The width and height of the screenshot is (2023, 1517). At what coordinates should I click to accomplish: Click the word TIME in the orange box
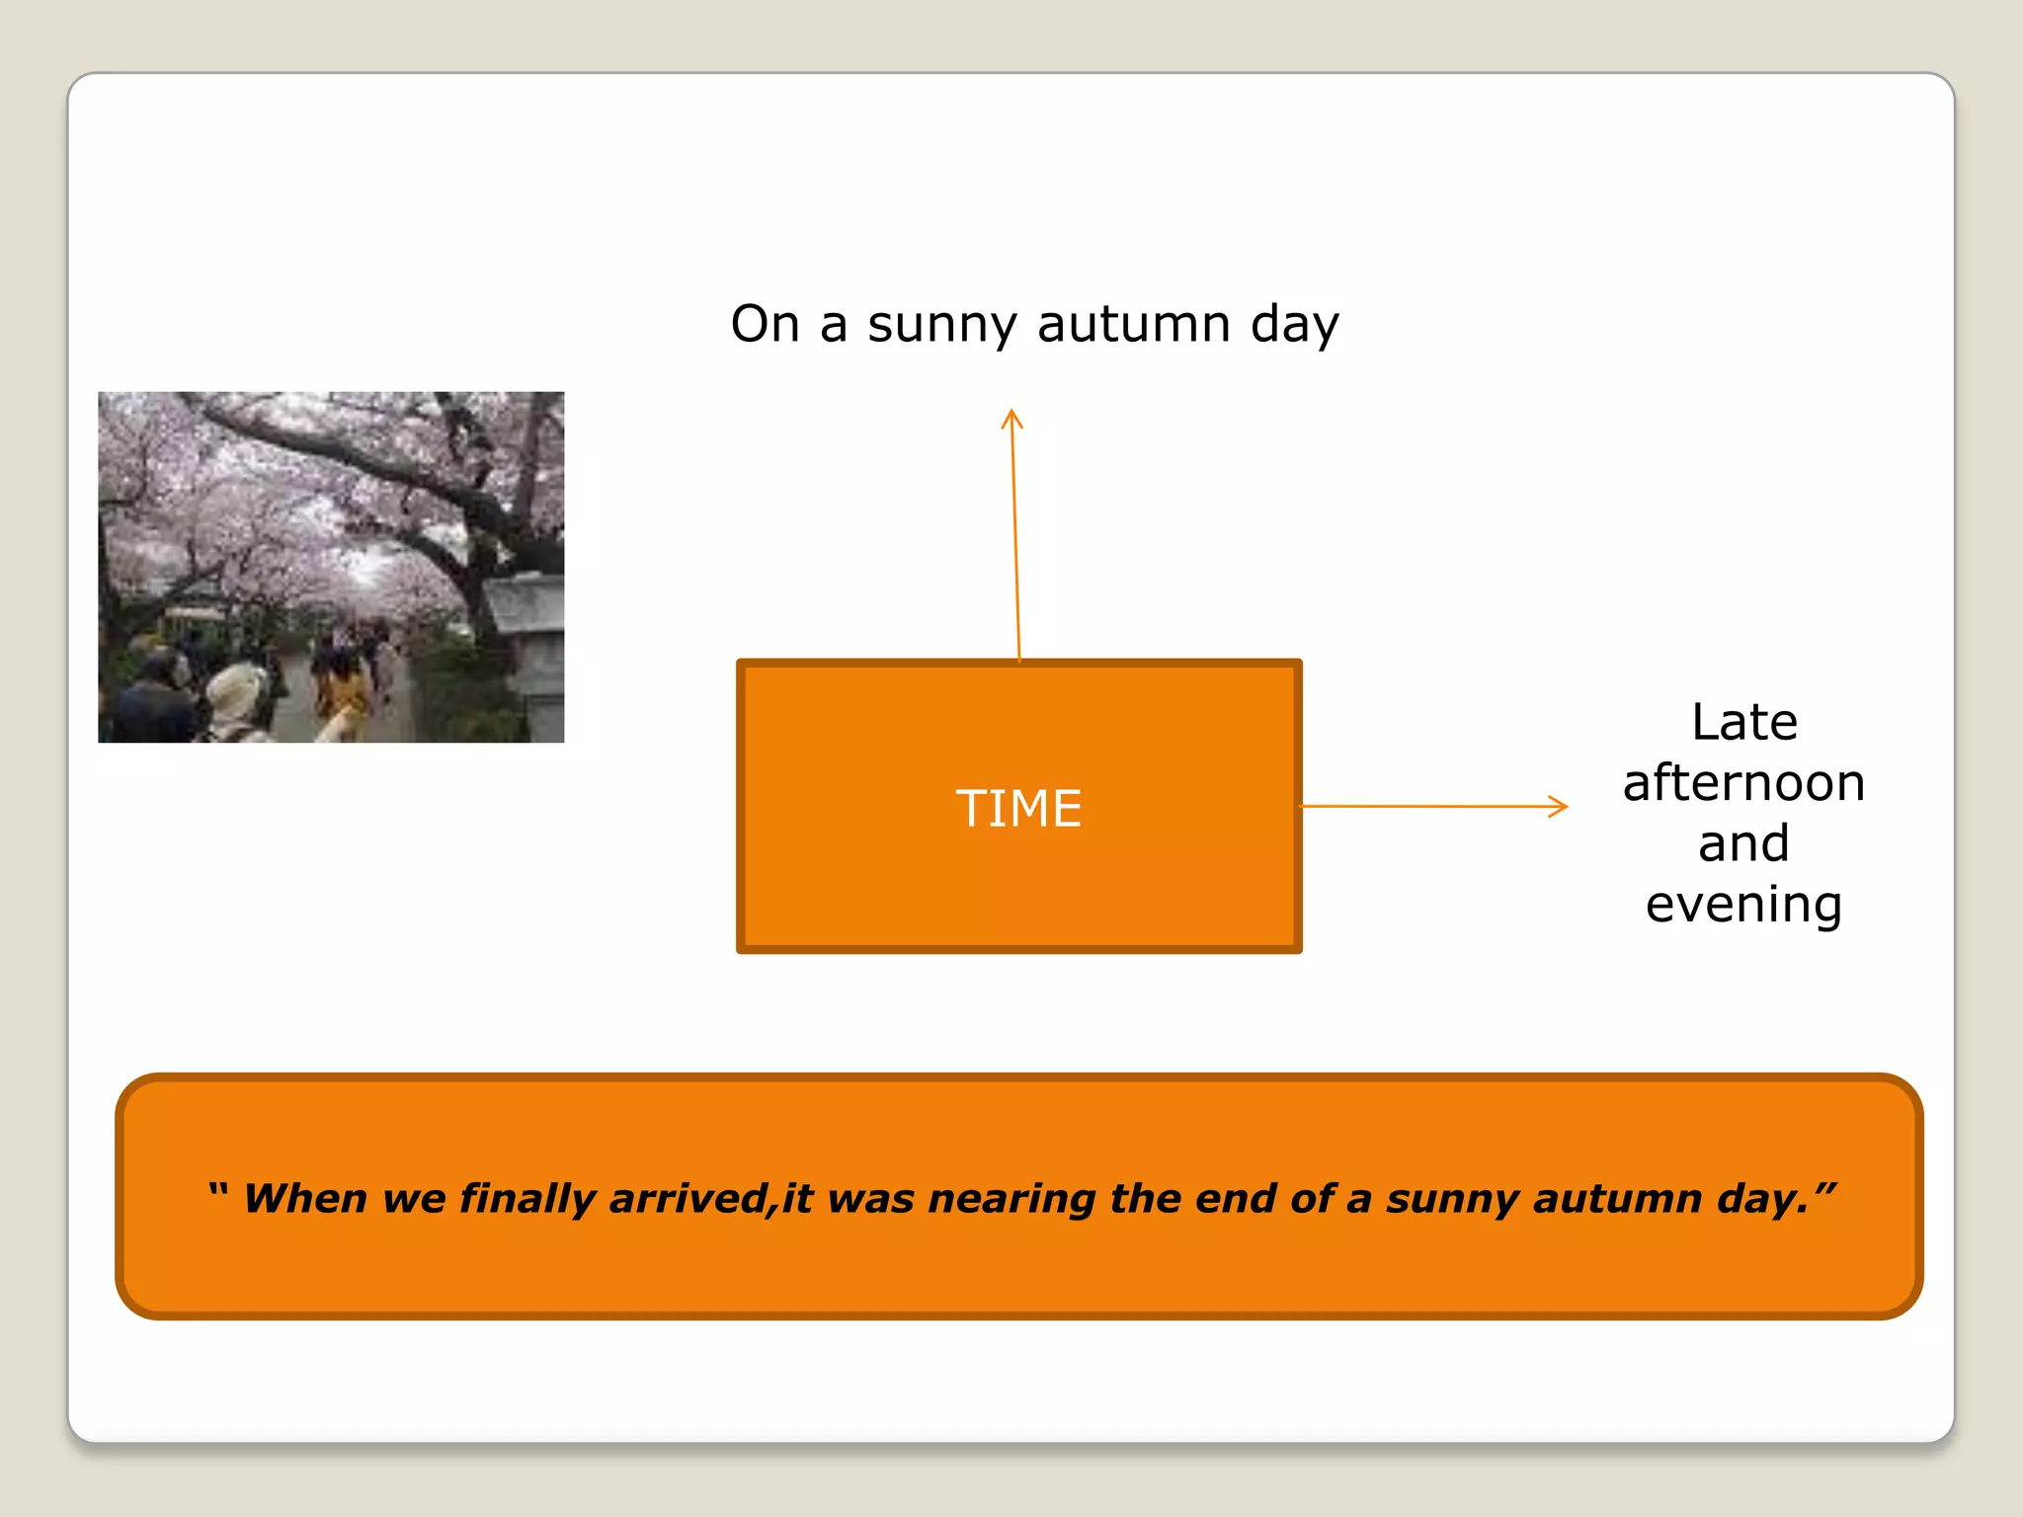tap(1018, 808)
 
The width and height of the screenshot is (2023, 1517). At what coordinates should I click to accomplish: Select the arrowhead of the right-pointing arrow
tap(1561, 806)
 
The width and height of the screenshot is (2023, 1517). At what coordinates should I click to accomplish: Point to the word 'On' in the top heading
tap(765, 324)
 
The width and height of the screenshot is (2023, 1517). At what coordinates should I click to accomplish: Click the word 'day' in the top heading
tap(1294, 324)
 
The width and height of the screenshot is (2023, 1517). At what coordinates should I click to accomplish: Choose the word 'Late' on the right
tap(1743, 722)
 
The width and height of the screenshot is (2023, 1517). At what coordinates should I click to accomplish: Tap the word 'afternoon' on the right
tap(1743, 783)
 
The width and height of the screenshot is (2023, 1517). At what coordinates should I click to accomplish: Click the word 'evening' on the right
tap(1743, 905)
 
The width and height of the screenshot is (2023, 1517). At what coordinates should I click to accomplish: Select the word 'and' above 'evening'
tap(1743, 843)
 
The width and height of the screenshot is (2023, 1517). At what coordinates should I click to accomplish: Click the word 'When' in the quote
tap(305, 1198)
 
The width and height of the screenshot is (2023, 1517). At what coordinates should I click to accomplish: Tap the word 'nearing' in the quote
tap(1011, 1200)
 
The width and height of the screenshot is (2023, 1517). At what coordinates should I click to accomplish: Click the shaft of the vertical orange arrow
tap(1015, 543)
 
